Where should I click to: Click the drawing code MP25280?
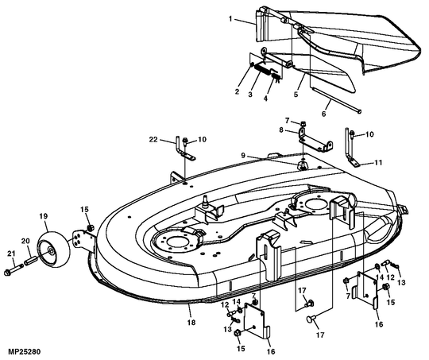click(x=24, y=351)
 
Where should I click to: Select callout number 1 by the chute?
click(x=230, y=18)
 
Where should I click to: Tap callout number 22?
click(x=153, y=140)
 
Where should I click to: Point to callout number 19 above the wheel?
click(x=43, y=216)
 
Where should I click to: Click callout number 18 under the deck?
click(x=191, y=322)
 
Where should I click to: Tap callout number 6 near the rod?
click(x=323, y=114)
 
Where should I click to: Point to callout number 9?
click(x=243, y=155)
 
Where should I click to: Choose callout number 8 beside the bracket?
click(x=281, y=130)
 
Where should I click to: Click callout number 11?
click(x=378, y=163)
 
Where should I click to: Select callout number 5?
click(x=296, y=95)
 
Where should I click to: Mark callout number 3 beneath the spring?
click(x=250, y=95)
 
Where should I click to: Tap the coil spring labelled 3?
click(x=262, y=71)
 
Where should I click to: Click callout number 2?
click(x=237, y=91)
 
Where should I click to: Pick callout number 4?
click(x=265, y=99)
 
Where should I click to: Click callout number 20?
click(x=25, y=241)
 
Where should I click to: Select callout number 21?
click(x=11, y=254)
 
